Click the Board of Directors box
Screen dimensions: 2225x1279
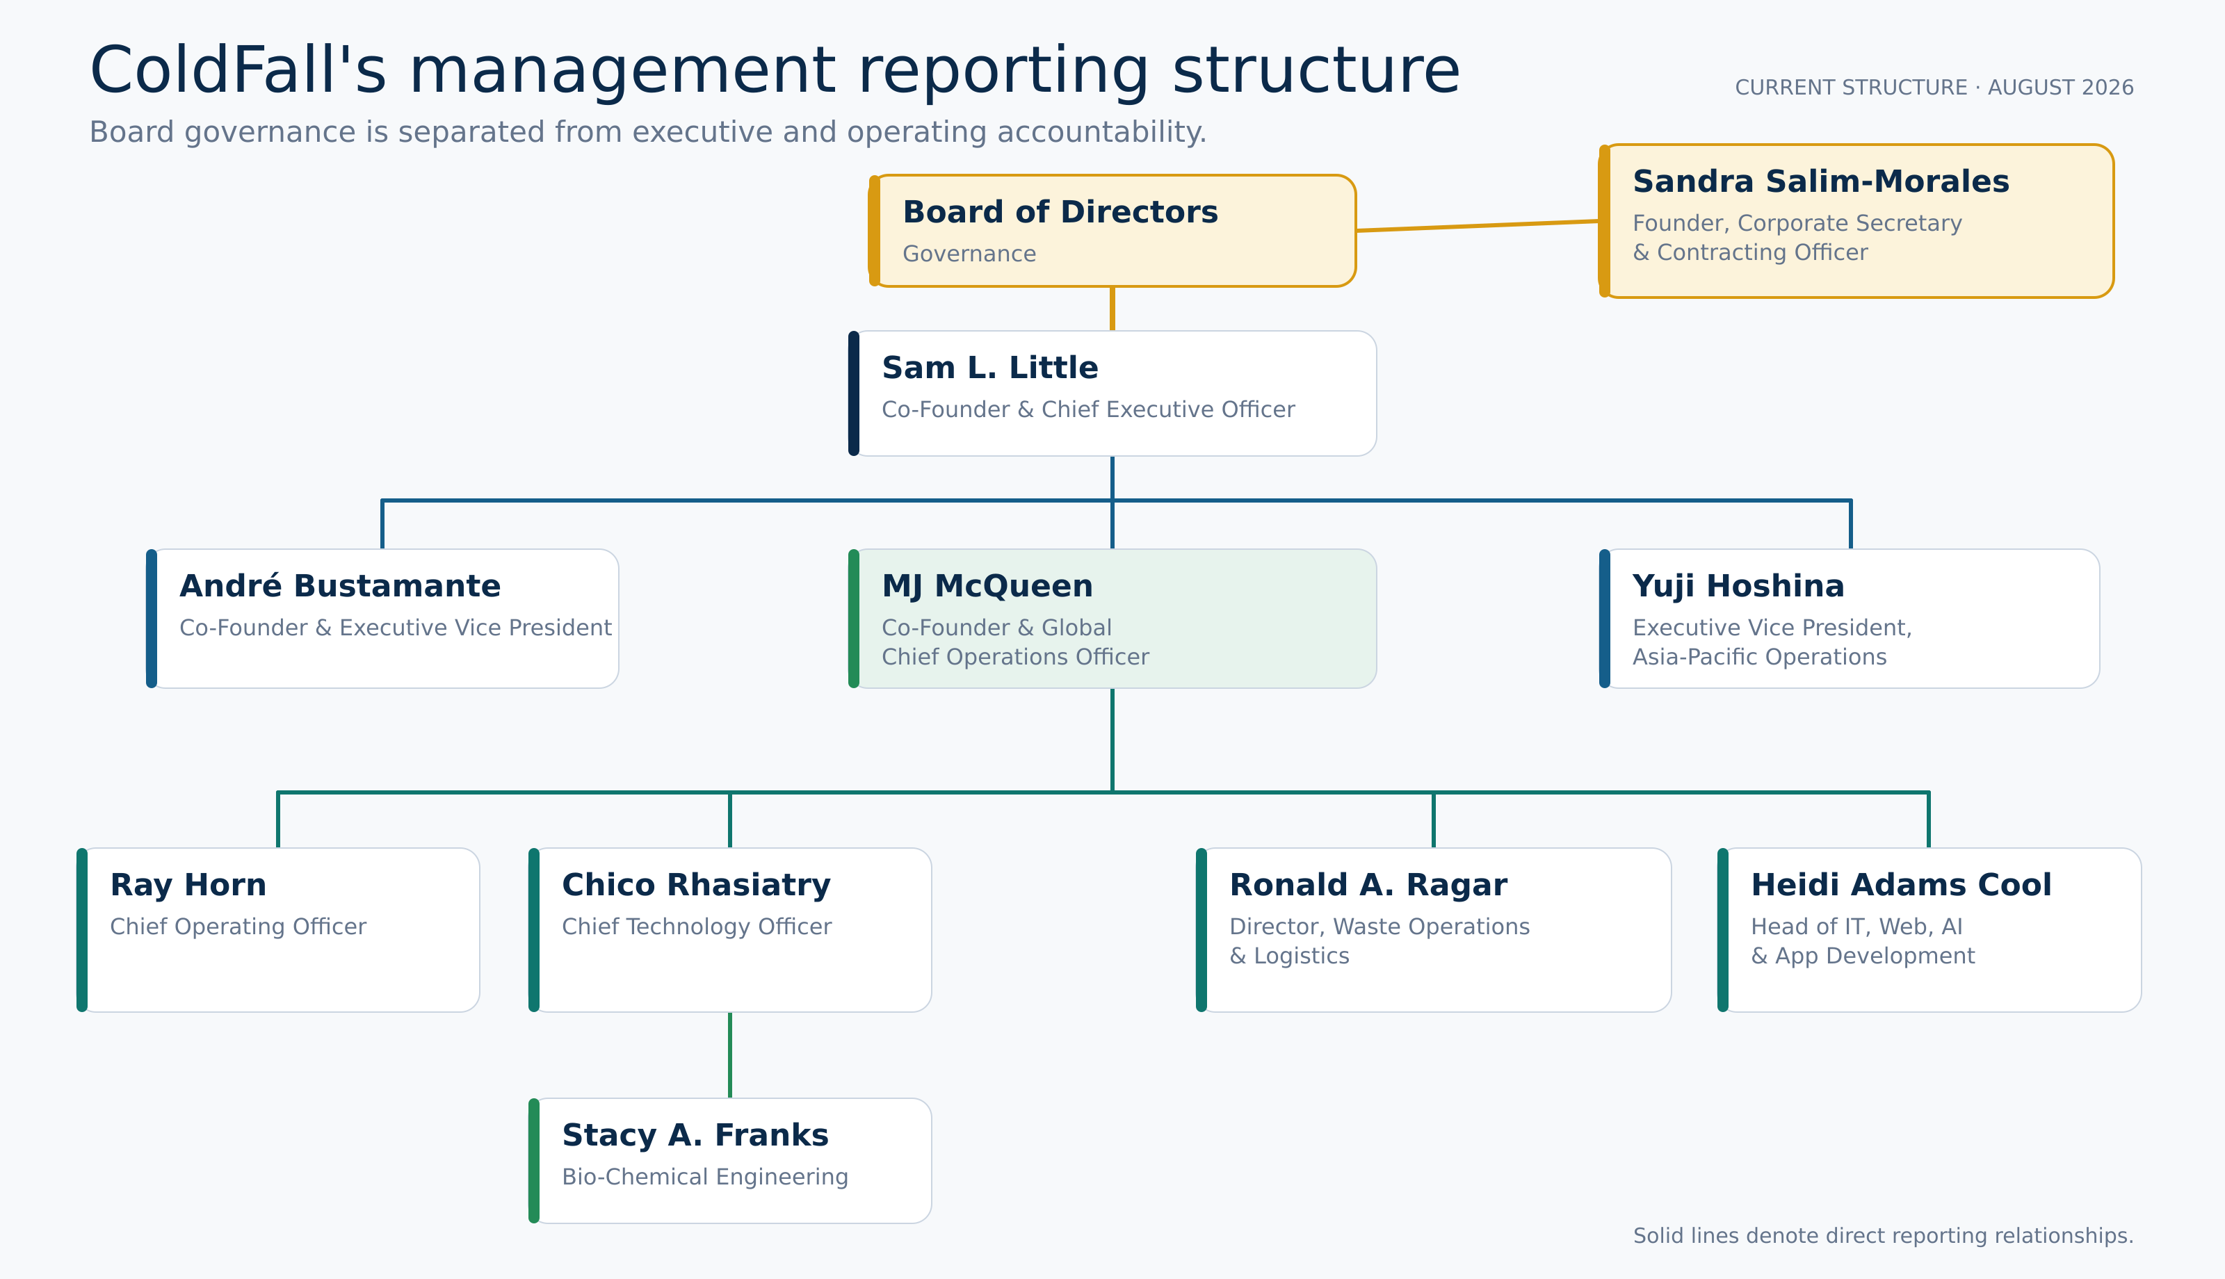point(1112,231)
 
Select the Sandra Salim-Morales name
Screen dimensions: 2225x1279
point(1820,182)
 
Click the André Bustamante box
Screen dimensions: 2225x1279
point(382,619)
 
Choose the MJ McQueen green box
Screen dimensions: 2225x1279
point(1112,619)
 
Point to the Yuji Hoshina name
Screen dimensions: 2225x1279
point(1738,586)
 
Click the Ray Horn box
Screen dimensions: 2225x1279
point(278,929)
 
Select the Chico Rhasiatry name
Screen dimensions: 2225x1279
point(697,886)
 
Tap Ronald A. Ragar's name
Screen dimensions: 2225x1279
point(1368,886)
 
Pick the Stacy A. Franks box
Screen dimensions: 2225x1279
point(730,1160)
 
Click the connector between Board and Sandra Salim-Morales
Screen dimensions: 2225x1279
point(1478,226)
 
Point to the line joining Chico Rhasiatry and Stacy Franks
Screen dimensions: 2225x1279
point(730,1055)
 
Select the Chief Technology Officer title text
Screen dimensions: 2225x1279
point(697,927)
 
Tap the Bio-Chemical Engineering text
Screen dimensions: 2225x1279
point(705,1177)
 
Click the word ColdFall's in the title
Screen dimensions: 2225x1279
point(238,70)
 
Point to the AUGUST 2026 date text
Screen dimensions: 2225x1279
point(2061,88)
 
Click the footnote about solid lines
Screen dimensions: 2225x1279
point(1884,1236)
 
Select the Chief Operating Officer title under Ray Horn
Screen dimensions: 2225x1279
point(238,927)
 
